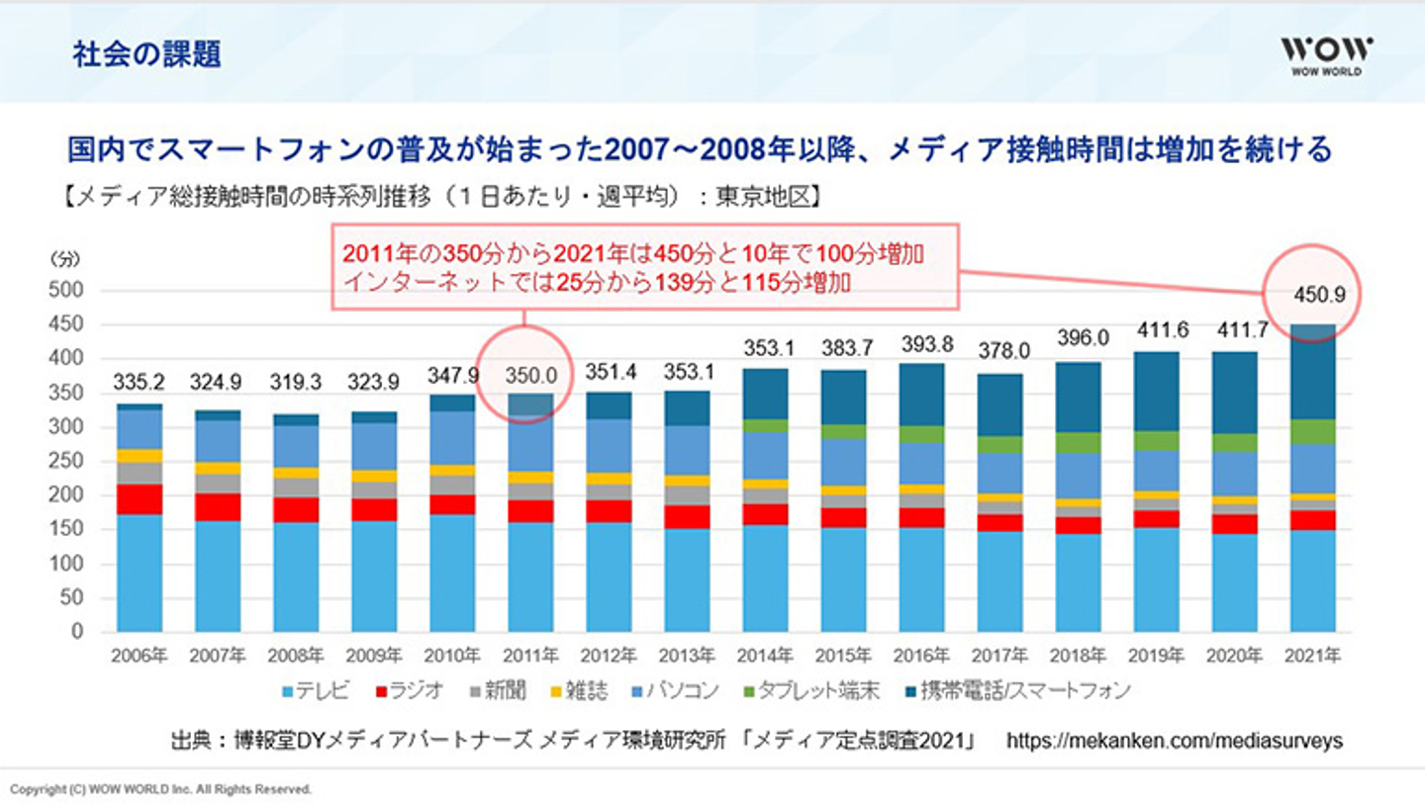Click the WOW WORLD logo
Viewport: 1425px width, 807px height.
point(1326,55)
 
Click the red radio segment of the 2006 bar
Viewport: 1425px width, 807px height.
point(140,498)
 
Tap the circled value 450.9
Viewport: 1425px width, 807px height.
point(1314,294)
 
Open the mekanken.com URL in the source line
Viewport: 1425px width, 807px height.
point(1175,740)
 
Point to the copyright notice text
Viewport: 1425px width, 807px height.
point(161,789)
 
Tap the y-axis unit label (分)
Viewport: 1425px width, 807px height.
point(62,259)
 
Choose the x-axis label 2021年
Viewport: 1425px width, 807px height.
point(1314,656)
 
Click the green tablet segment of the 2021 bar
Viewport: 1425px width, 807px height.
point(1314,431)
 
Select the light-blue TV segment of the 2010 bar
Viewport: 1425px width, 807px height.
point(451,573)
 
